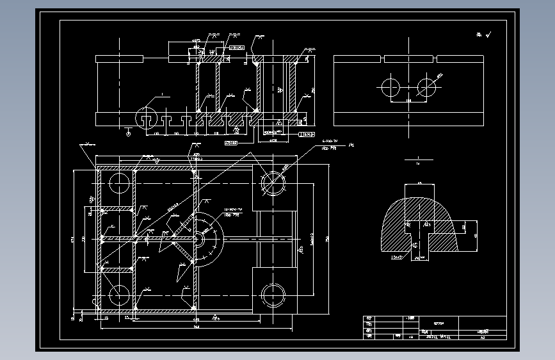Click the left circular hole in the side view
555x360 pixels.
(390, 87)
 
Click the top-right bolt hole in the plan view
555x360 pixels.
(274, 183)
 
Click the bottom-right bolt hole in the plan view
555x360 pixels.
(274, 296)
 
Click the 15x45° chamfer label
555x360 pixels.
(398, 258)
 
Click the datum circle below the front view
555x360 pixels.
(129, 133)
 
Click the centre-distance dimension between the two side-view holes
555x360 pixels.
(408, 101)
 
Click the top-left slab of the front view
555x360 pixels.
(119, 59)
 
